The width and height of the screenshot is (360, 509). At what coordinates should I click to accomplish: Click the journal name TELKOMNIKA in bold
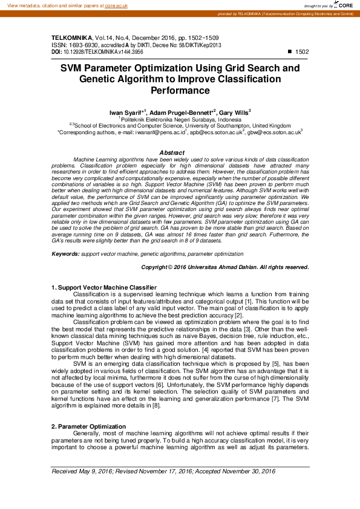(x=71, y=37)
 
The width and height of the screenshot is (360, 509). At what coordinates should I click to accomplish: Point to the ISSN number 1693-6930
(x=85, y=45)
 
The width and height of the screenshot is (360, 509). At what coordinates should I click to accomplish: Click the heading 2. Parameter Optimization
(x=88, y=427)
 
